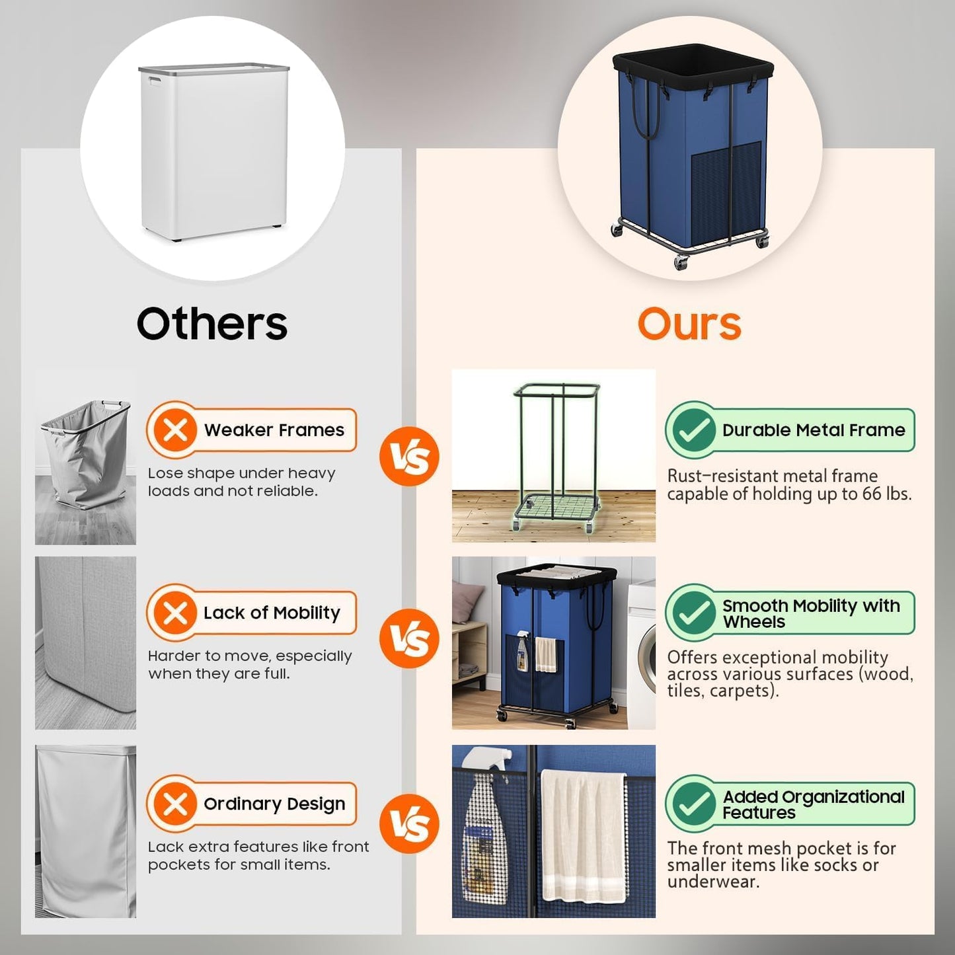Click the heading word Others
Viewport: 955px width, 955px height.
click(212, 323)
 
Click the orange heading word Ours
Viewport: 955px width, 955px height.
click(689, 324)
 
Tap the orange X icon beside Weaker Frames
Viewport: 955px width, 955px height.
click(175, 430)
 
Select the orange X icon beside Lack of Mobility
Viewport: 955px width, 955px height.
click(175, 613)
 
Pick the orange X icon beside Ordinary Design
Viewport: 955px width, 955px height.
click(175, 804)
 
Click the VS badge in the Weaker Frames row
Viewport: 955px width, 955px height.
click(409, 457)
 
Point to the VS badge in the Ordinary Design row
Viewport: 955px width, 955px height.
click(409, 823)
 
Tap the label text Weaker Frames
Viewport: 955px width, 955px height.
click(274, 430)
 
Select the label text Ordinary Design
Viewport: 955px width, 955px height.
click(274, 804)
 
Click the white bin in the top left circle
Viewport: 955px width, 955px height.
click(213, 152)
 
